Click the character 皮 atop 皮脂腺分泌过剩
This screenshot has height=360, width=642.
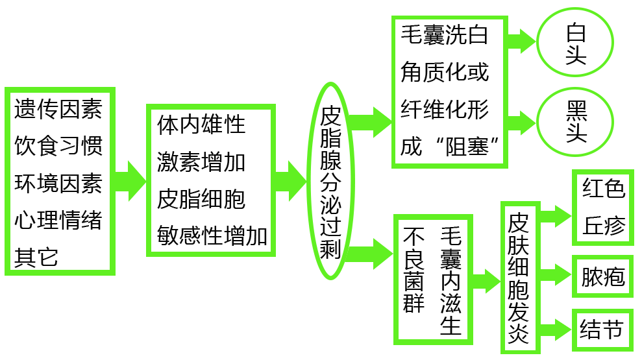(x=330, y=117)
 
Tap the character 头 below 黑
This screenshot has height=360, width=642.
(x=576, y=134)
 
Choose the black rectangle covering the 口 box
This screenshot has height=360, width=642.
(x=213, y=180)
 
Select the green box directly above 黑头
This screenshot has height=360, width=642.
(x=575, y=42)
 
